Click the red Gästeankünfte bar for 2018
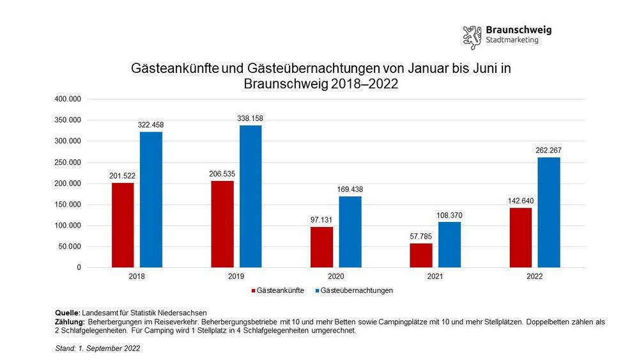(x=123, y=225)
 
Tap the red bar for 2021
(x=421, y=255)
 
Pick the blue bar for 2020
(x=350, y=231)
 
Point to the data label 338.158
(x=250, y=118)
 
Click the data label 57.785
(x=421, y=236)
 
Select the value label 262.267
(x=549, y=150)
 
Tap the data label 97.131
(x=321, y=219)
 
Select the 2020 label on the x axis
(x=335, y=276)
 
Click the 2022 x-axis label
(x=534, y=276)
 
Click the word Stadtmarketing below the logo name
(x=512, y=40)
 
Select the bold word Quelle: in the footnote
(x=68, y=312)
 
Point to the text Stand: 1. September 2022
(x=98, y=348)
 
